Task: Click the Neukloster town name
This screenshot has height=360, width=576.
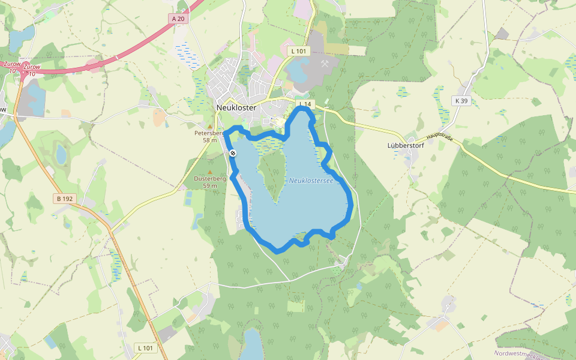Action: click(236, 107)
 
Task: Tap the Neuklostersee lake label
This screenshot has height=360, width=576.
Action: click(311, 180)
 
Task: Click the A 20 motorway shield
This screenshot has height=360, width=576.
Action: click(178, 19)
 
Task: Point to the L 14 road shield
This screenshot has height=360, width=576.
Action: click(305, 104)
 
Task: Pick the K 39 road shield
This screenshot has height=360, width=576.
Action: click(461, 101)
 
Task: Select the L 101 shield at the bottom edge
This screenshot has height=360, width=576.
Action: click(145, 347)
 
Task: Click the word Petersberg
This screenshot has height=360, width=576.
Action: click(208, 133)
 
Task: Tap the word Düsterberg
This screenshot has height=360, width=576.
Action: click(209, 179)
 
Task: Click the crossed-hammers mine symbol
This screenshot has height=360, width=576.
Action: click(325, 62)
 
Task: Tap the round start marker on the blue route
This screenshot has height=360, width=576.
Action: click(233, 153)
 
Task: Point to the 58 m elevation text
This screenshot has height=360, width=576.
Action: click(209, 140)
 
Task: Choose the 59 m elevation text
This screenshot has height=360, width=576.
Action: click(209, 185)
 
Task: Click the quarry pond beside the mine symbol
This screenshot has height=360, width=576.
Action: click(300, 71)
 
